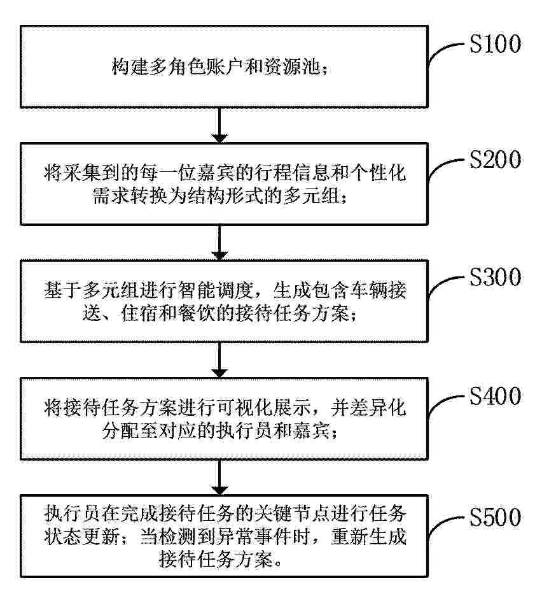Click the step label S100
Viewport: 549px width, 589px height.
495,43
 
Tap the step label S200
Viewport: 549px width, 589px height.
495,160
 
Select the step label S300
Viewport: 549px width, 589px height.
495,277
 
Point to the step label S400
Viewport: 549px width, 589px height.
495,396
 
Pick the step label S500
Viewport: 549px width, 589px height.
495,517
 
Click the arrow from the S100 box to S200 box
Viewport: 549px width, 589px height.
219,125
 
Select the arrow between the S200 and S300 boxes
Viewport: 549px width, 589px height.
219,243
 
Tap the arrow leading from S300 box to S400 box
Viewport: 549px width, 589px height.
219,360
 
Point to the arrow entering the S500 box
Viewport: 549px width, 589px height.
219,478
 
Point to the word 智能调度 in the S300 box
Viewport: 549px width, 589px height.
216,290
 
